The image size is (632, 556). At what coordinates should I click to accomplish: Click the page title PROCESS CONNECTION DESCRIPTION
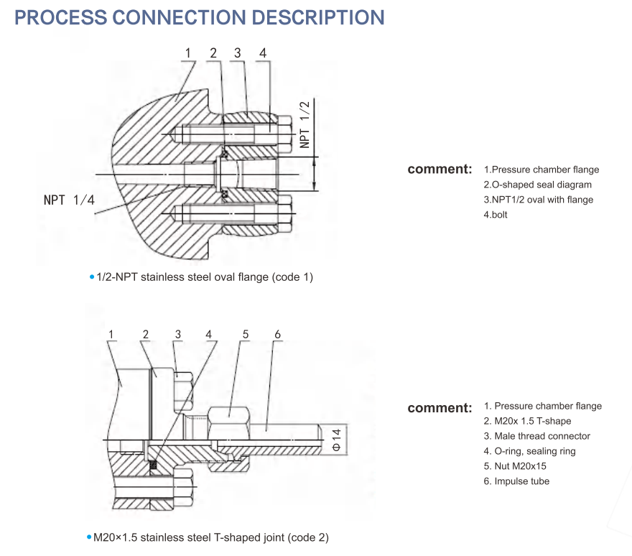[x=200, y=18]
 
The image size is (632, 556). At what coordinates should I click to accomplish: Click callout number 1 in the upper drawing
[x=188, y=53]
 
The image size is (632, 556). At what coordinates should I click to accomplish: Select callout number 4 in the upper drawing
[x=263, y=53]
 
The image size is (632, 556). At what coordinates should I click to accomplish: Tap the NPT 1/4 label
[x=69, y=200]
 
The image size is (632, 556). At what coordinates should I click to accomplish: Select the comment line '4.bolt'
[x=496, y=215]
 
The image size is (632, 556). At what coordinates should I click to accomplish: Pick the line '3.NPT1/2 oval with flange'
[x=538, y=200]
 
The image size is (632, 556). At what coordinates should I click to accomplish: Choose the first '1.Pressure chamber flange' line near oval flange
[x=541, y=170]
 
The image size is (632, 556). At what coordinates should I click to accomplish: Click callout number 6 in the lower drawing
[x=278, y=335]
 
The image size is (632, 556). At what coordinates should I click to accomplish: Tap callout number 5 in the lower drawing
[x=245, y=335]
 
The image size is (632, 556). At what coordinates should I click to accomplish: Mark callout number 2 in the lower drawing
[x=146, y=335]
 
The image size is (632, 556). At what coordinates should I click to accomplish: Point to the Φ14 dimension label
[x=335, y=438]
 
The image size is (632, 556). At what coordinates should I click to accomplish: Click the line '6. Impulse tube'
[x=516, y=481]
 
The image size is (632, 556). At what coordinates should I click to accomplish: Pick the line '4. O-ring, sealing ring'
[x=529, y=451]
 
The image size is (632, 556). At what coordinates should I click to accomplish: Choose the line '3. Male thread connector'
[x=536, y=436]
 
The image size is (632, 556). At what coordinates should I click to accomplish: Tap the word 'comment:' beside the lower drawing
[x=440, y=408]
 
